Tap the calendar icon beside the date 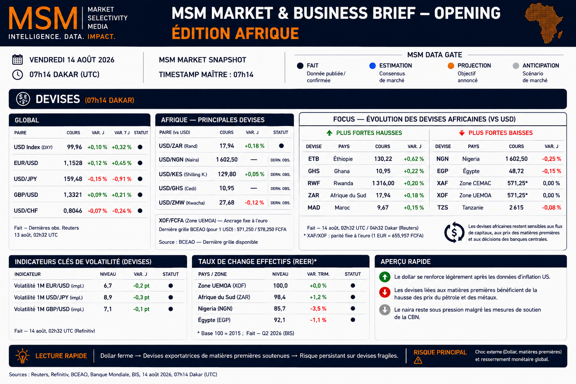coord(18,60)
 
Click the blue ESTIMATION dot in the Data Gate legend coord(372,66)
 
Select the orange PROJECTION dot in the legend coord(451,66)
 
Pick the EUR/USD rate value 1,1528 coord(73,163)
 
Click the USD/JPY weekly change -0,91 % coord(122,179)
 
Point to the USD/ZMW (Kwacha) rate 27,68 coord(226,202)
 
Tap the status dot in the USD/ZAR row coord(281,146)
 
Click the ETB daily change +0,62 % coord(414,159)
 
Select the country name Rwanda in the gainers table coord(343,183)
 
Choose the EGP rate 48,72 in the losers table coord(516,171)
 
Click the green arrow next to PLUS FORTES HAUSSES coord(329,133)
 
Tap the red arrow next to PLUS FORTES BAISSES coord(462,133)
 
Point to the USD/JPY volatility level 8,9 coord(108,298)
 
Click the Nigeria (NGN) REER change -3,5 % coord(318,309)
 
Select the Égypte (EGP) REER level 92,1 coord(279,320)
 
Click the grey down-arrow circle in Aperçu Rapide coord(385,310)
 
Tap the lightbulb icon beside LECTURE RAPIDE coord(22,356)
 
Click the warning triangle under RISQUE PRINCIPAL coord(418,361)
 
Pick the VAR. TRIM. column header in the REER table coord(318,274)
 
